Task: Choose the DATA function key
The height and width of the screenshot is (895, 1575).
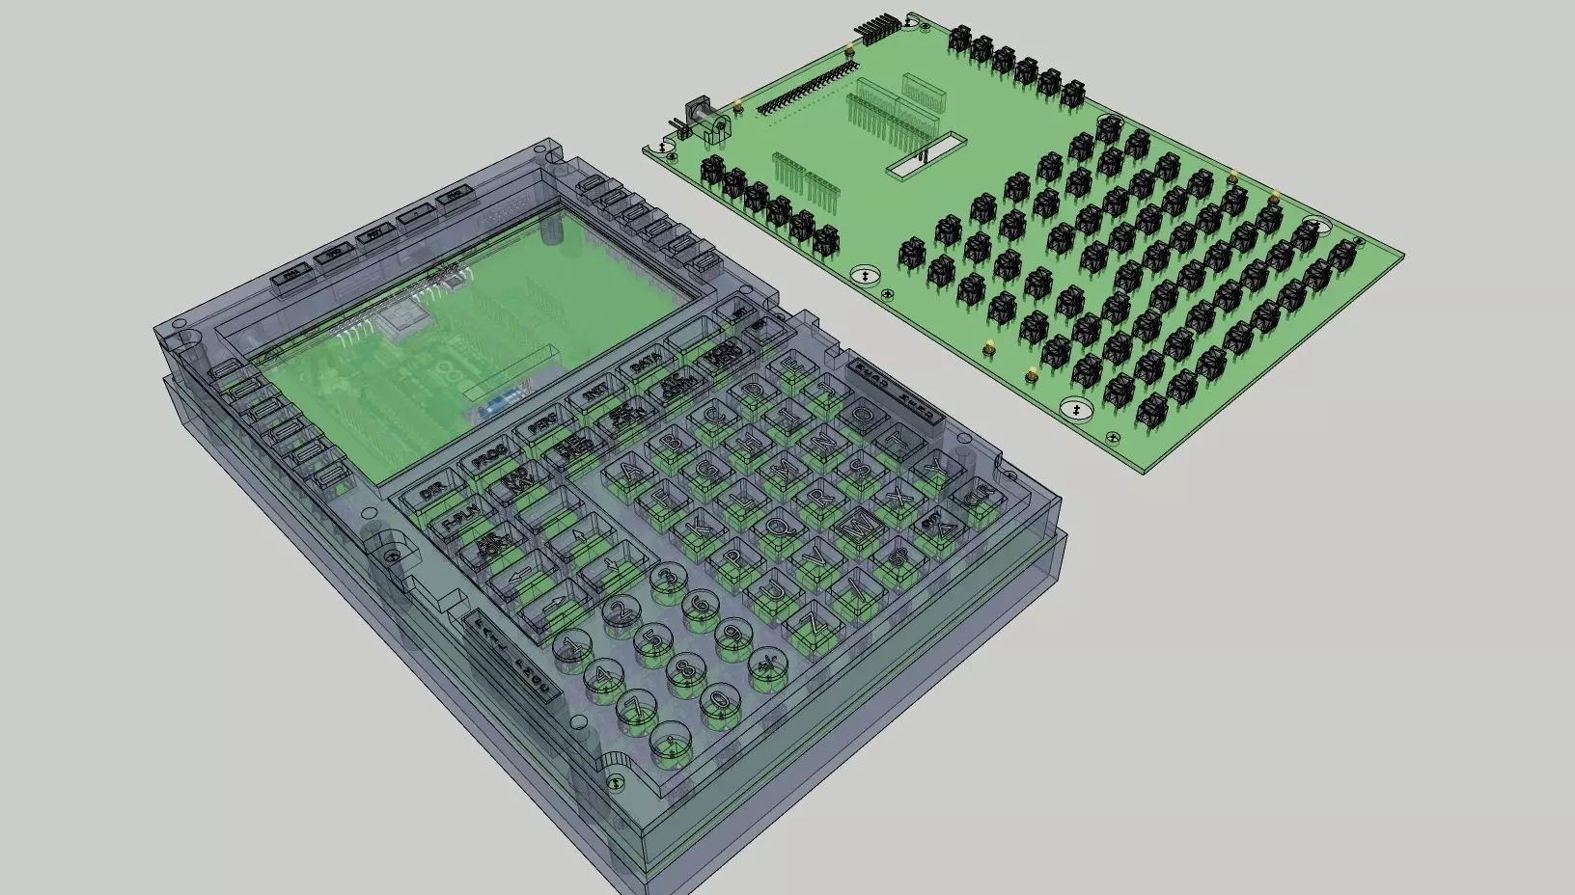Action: coord(644,365)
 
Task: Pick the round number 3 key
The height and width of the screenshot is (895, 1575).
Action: coord(664,578)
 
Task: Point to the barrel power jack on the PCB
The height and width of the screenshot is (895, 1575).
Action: coord(703,119)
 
